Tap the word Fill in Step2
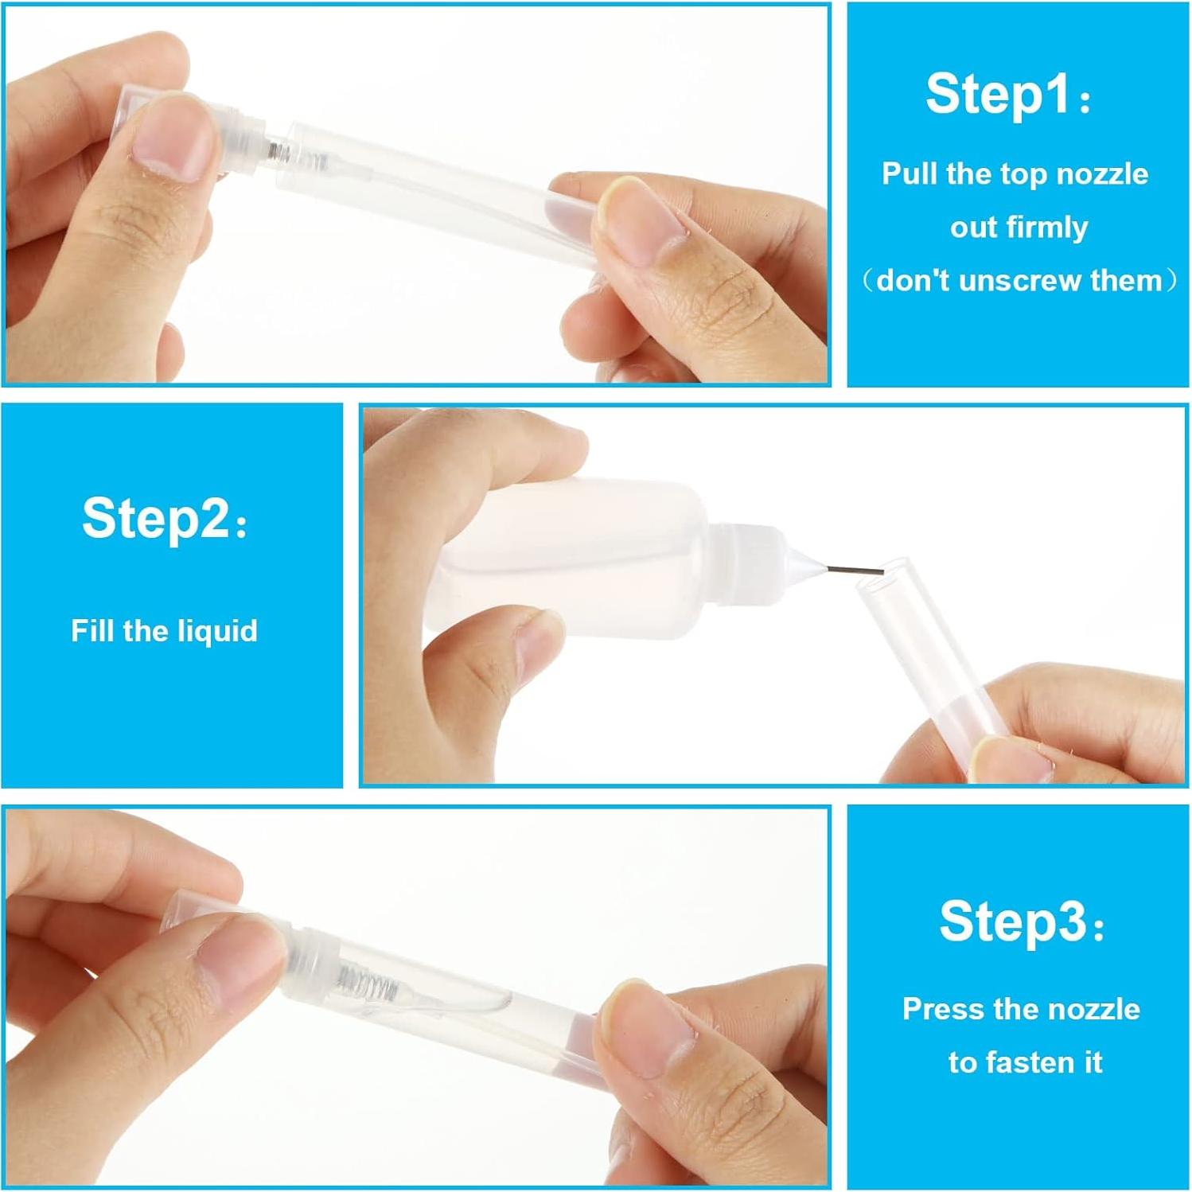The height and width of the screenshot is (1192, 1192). (92, 631)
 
